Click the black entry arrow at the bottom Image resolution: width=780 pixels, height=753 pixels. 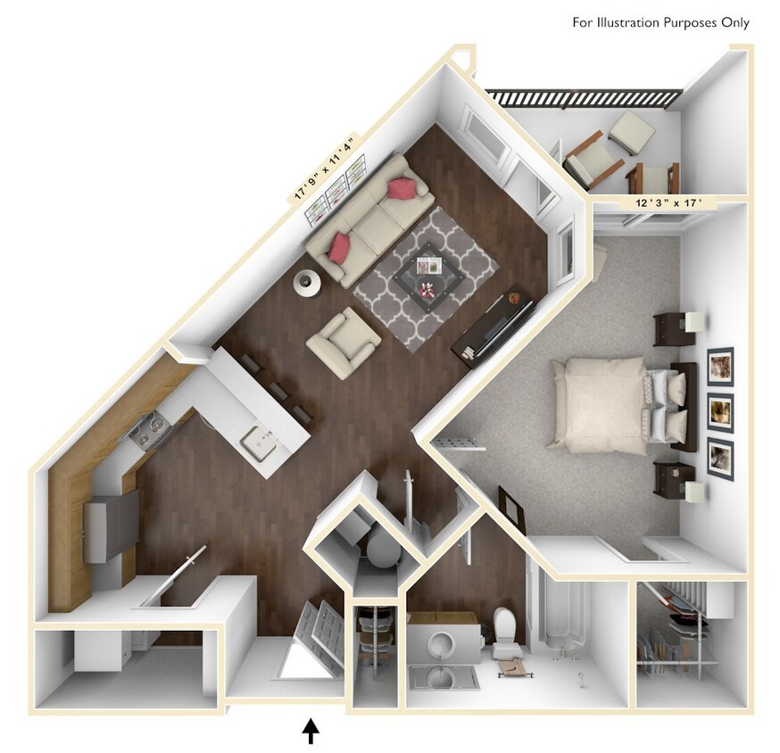(311, 732)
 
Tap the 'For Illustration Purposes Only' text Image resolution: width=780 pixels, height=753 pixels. (660, 22)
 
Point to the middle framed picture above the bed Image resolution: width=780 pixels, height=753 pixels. (719, 411)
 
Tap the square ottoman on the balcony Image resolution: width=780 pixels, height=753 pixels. (632, 132)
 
